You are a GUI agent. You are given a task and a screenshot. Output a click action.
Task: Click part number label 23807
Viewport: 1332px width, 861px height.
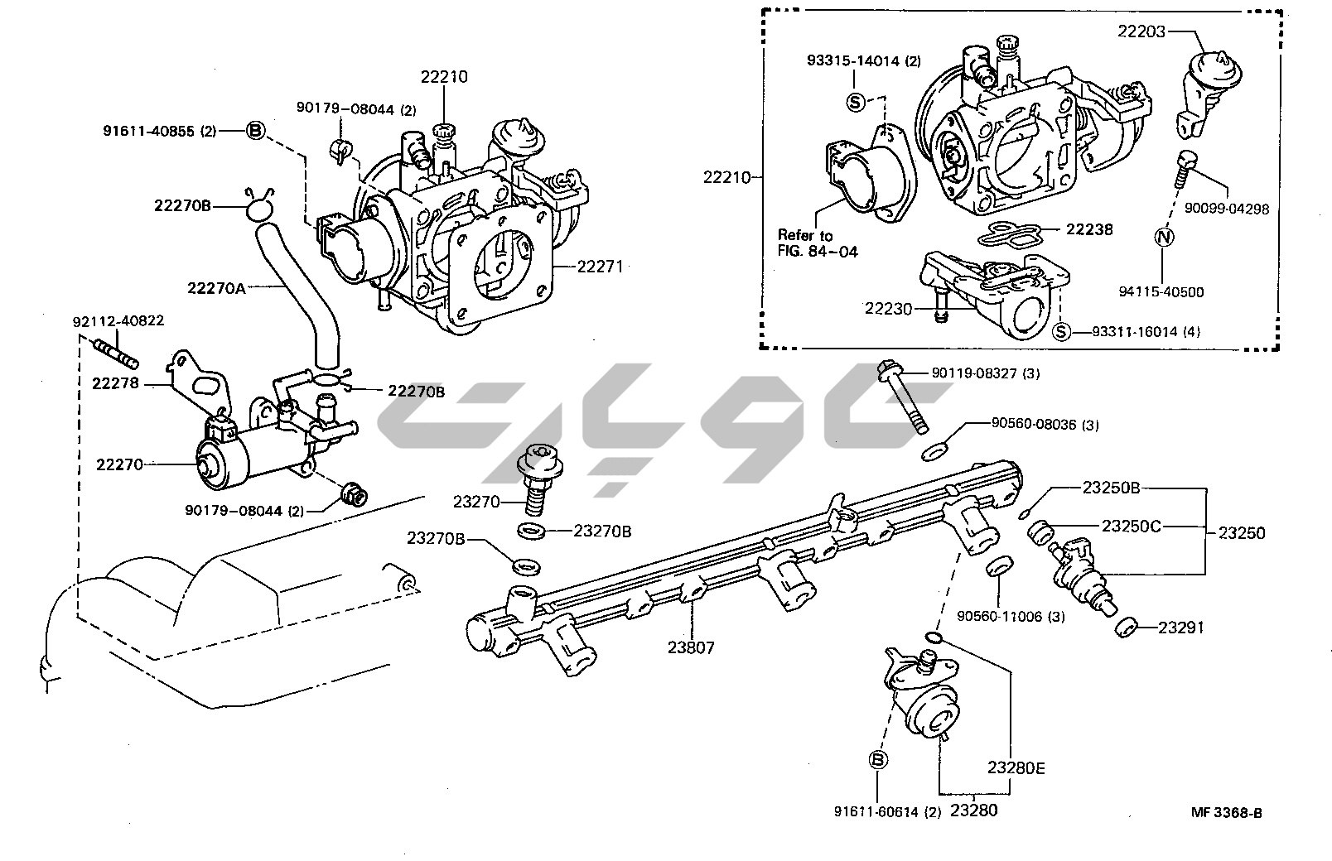(x=692, y=647)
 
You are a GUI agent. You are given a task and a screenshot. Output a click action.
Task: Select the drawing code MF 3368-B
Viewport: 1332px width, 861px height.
(x=1227, y=813)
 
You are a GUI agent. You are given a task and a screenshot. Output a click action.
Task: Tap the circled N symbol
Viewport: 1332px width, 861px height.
(x=1165, y=236)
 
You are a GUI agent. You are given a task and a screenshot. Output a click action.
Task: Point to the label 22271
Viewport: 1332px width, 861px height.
(x=599, y=267)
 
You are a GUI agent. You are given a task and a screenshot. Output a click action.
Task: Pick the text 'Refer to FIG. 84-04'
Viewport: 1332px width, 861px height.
(x=818, y=243)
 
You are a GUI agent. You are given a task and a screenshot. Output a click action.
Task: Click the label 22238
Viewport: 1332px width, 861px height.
(x=1089, y=229)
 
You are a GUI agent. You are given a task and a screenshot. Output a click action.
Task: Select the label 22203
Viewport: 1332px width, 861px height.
(x=1141, y=31)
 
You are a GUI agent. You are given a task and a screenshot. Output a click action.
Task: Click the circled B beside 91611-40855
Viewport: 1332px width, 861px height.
(x=255, y=131)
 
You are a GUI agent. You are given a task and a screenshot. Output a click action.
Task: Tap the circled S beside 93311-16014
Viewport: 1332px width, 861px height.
(x=1060, y=332)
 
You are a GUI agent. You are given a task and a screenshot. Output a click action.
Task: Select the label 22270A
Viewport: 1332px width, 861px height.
(x=217, y=287)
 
